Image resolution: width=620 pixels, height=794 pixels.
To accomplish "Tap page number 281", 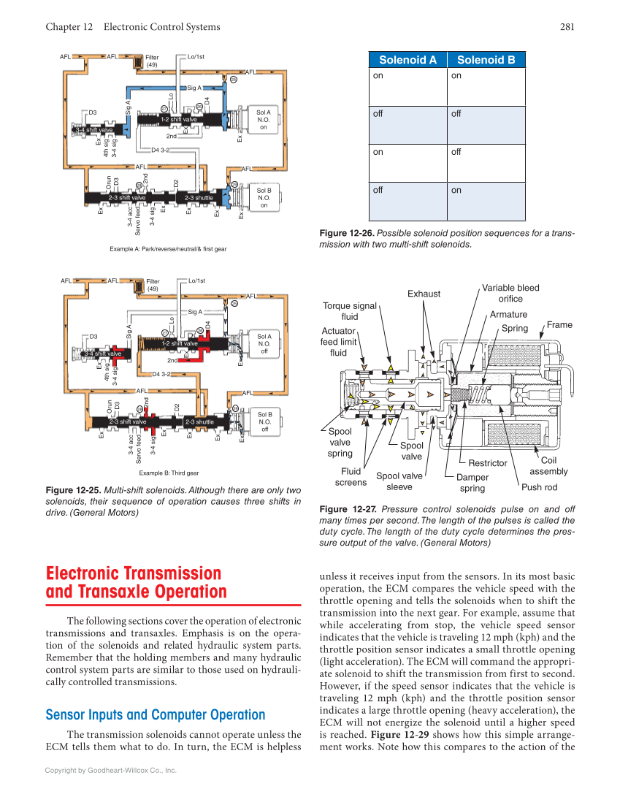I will pos(567,27).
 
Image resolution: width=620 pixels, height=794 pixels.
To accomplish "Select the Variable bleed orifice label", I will pos(510,293).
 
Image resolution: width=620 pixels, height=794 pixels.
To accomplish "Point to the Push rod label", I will pos(539,487).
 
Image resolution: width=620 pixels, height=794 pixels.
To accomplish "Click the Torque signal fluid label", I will pos(350,311).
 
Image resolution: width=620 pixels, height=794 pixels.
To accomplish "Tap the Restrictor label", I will pos(487,463).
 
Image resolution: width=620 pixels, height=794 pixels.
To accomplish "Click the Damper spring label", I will pos(472,483).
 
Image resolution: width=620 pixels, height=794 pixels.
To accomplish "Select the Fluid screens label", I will pos(351,477).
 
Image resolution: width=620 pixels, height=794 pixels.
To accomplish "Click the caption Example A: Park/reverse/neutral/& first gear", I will pos(168,249).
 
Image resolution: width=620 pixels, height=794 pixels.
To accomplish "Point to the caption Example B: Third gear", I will pos(169,473).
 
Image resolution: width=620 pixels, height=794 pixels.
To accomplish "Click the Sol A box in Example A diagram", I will pos(264,120).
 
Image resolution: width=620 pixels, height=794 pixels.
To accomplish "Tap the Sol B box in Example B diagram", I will pos(264,421).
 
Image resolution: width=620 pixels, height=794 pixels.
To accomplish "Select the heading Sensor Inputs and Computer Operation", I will pos(156,714).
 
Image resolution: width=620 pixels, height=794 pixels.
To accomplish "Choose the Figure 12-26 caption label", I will pos(347,233).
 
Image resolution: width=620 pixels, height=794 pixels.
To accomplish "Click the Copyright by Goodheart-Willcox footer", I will pos(111,770).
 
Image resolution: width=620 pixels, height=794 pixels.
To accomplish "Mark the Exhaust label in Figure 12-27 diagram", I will pos(424,294).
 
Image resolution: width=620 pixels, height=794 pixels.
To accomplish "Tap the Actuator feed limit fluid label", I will pos(339,341).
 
